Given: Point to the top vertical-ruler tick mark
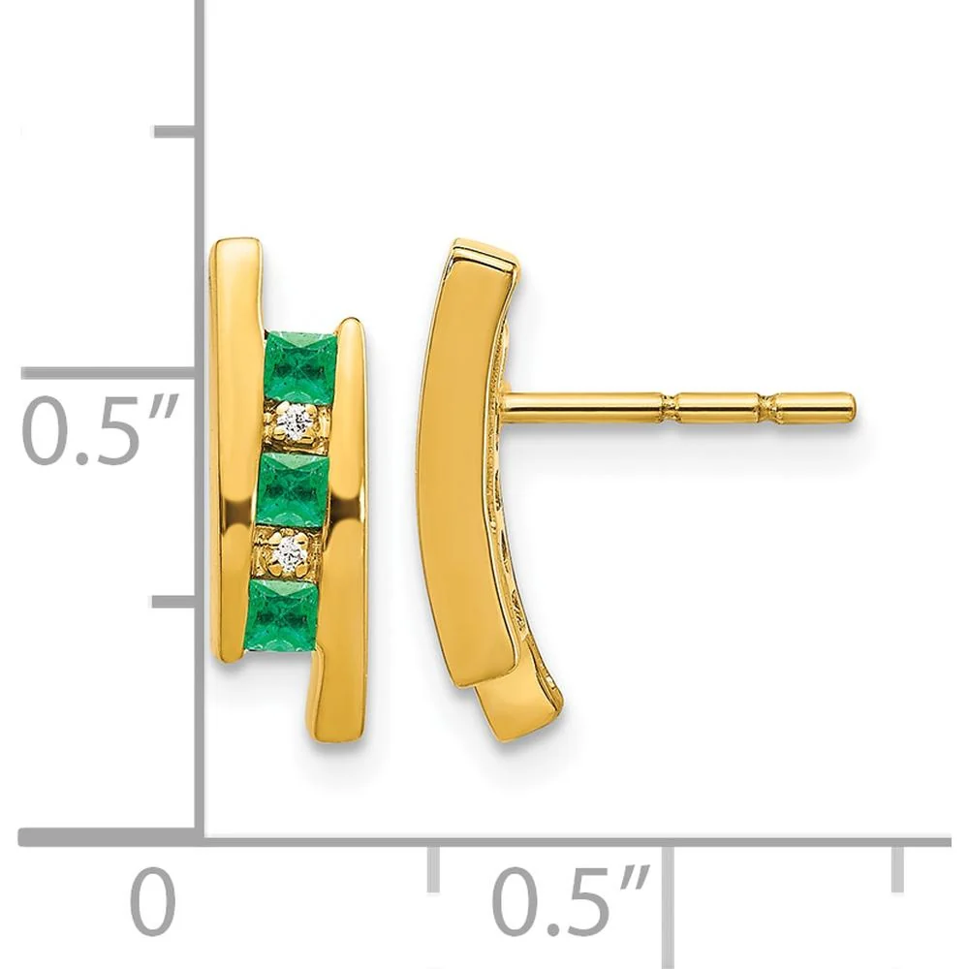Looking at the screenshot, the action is click(x=175, y=132).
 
